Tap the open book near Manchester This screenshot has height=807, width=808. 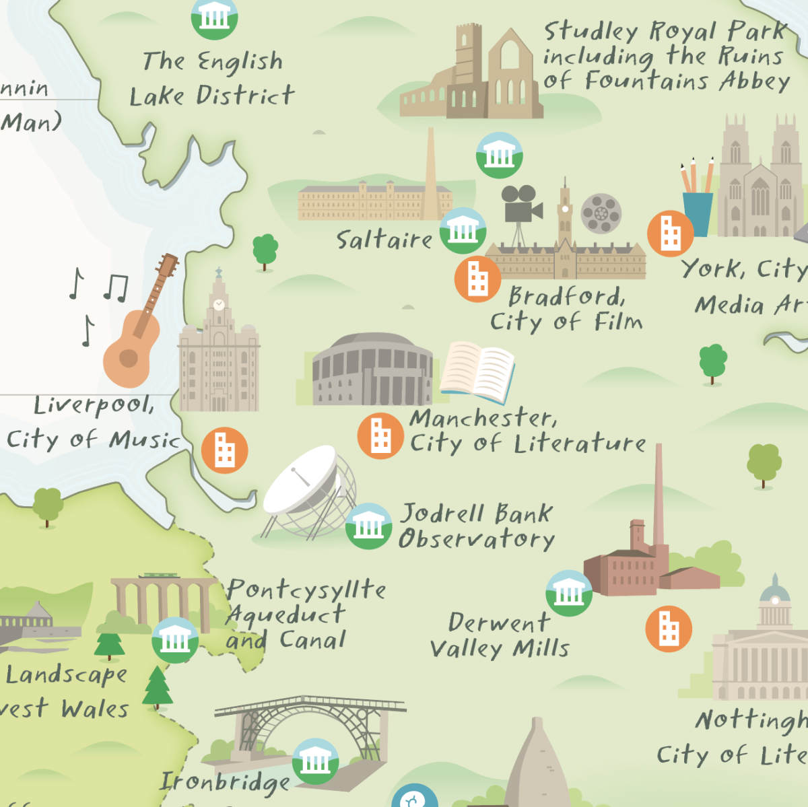click(477, 371)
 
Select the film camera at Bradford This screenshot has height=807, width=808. click(520, 205)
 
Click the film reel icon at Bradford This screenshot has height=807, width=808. click(601, 213)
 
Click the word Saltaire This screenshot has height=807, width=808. click(384, 240)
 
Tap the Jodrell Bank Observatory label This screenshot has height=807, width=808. click(476, 526)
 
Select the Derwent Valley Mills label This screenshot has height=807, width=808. click(499, 635)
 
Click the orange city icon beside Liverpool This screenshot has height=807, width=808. click(224, 450)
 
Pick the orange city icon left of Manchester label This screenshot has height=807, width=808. click(380, 435)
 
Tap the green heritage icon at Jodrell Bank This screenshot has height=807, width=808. click(368, 526)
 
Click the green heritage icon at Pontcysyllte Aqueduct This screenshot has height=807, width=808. click(175, 640)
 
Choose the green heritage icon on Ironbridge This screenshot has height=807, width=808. click(316, 761)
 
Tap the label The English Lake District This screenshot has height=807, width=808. click(212, 79)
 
